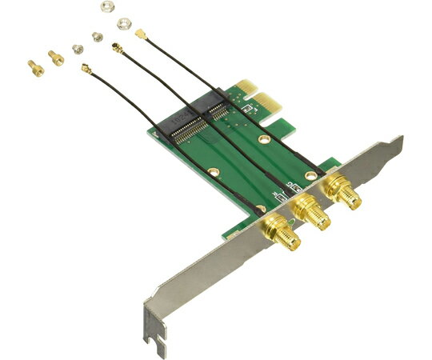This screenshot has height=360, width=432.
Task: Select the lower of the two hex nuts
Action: [x=122, y=24]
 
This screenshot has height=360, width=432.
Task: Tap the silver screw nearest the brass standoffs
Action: [x=78, y=48]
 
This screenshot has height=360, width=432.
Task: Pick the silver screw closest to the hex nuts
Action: [x=97, y=36]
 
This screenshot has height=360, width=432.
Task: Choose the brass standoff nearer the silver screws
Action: [x=54, y=57]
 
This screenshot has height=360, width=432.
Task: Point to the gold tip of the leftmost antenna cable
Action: [x=84, y=70]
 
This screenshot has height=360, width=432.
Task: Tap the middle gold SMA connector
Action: [x=310, y=212]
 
